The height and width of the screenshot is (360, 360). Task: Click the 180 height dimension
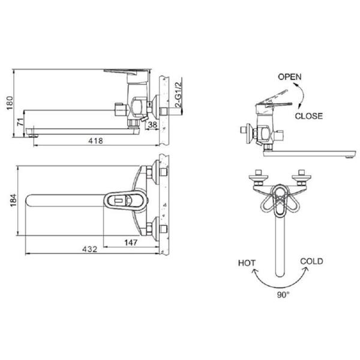point(10,103)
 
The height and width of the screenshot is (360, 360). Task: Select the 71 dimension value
point(20,122)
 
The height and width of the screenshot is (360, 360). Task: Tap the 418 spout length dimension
point(95,140)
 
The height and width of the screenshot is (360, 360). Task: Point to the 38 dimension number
point(152,124)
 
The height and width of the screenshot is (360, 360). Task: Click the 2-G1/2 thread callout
point(178,94)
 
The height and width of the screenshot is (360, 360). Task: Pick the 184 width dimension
point(14,200)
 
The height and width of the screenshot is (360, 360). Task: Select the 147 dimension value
point(131,242)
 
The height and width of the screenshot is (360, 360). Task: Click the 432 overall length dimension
point(89,249)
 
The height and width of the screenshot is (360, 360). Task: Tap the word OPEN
point(290,77)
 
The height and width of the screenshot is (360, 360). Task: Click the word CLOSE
point(308,116)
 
